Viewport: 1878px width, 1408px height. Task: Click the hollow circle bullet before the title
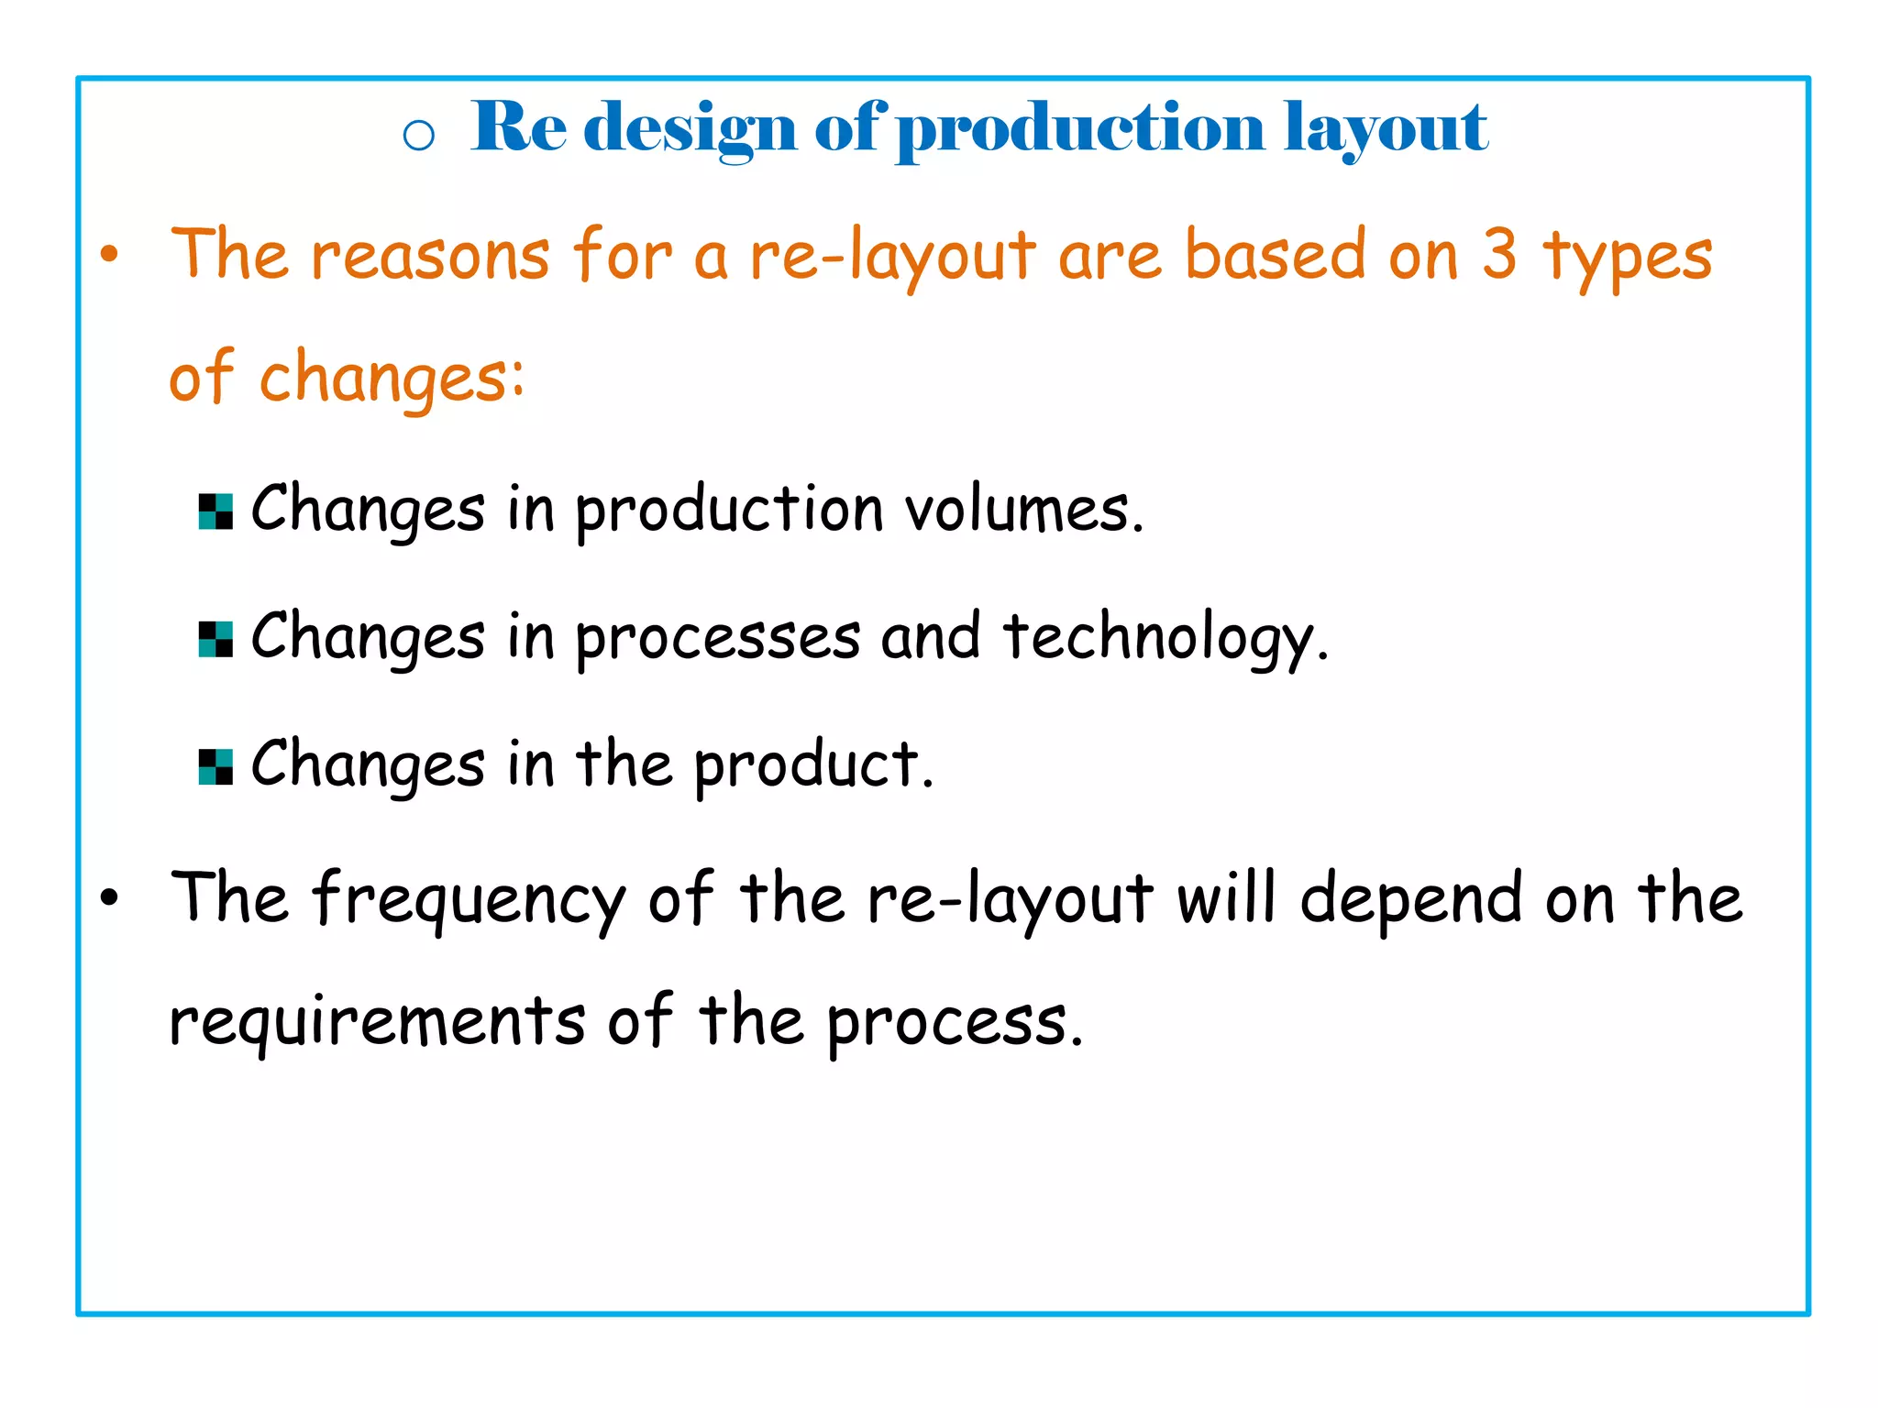pyautogui.click(x=419, y=136)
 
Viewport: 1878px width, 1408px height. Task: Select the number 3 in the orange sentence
pyautogui.click(x=1499, y=255)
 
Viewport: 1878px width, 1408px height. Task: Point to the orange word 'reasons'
pyautogui.click(x=430, y=257)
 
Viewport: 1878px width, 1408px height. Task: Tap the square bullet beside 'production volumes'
pyautogui.click(x=215, y=511)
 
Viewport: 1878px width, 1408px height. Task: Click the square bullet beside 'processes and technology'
pyautogui.click(x=215, y=639)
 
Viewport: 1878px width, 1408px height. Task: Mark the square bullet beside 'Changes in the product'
pyautogui.click(x=215, y=766)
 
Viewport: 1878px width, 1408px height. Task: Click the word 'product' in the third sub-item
pyautogui.click(x=807, y=766)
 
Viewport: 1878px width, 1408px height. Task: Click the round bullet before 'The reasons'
pyautogui.click(x=110, y=256)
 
